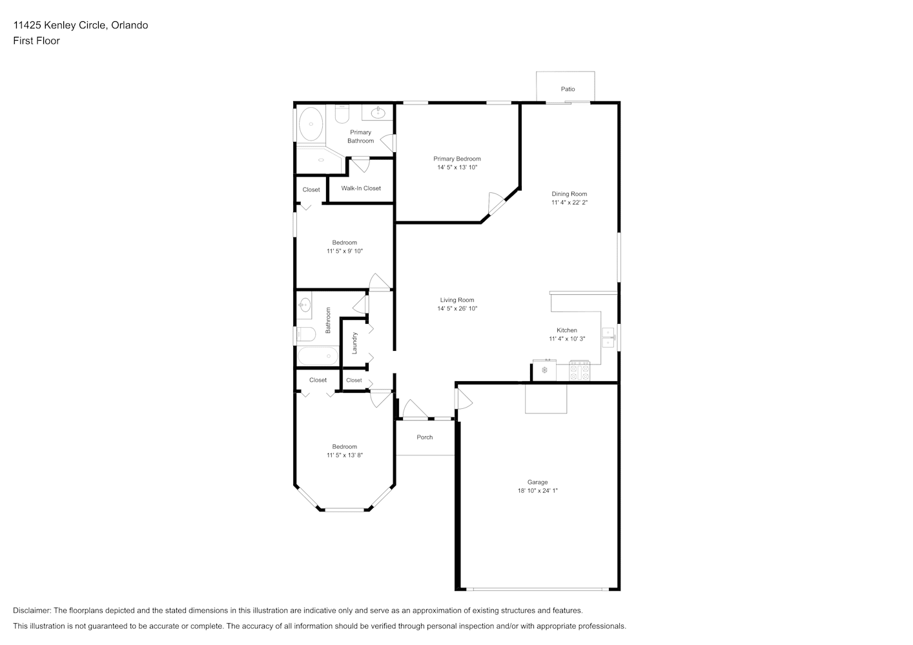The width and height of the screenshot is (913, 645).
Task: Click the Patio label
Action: pos(568,89)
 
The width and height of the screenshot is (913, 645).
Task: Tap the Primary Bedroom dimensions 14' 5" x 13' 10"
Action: pos(457,167)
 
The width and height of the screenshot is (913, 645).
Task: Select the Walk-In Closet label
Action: pos(361,188)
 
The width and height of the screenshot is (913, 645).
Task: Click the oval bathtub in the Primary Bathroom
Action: pos(311,124)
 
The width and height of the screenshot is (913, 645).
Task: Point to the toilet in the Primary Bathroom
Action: pos(342,114)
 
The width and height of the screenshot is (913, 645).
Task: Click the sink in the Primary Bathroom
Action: pos(378,112)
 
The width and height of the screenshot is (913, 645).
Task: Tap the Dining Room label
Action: pos(569,194)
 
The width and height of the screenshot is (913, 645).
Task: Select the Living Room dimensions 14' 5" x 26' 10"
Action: pos(457,309)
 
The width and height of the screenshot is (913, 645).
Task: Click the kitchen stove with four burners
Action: pos(579,371)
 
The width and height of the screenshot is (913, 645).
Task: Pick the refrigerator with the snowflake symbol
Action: pos(544,370)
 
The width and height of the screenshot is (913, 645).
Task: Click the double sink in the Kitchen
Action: pos(608,337)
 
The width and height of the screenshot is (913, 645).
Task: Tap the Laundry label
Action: pos(354,343)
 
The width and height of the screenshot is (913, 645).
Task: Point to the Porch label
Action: pos(425,437)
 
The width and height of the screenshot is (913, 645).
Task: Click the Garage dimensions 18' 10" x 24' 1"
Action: pos(538,491)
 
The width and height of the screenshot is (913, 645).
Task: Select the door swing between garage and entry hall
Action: pos(464,399)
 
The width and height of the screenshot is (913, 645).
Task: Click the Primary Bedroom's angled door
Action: pos(496,203)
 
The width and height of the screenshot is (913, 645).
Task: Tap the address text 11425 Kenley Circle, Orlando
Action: pos(81,25)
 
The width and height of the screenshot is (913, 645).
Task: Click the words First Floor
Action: pos(36,41)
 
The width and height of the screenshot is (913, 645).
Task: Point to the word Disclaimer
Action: pos(32,610)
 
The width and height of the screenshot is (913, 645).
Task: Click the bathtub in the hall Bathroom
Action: pos(318,356)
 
